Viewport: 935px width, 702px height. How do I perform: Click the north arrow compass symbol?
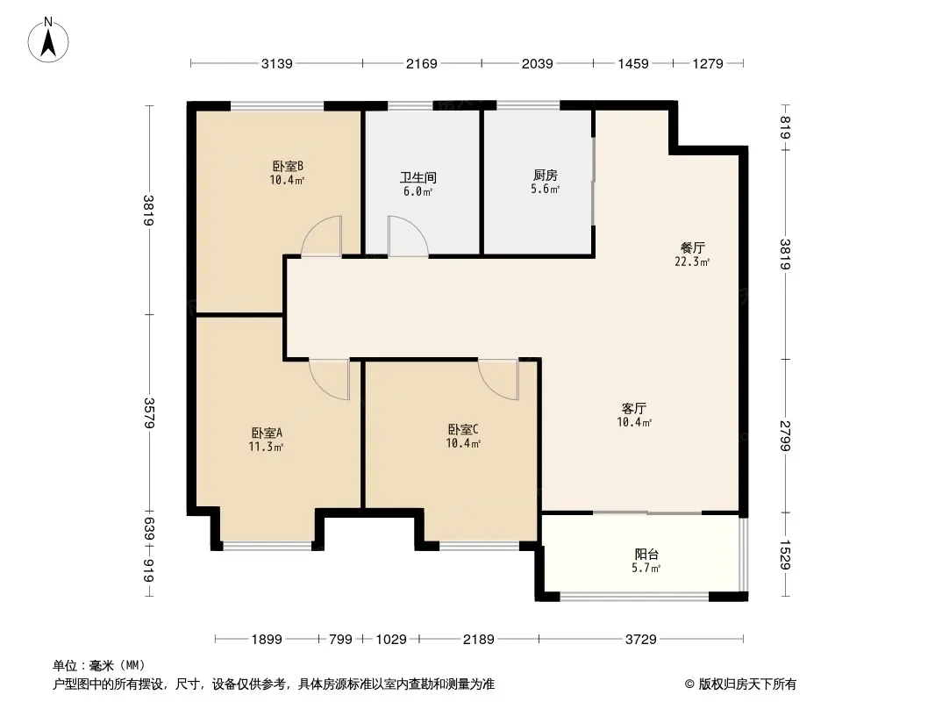click(x=48, y=40)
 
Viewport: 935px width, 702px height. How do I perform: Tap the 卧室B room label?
click(x=288, y=166)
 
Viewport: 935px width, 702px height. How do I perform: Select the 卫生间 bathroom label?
click(x=418, y=177)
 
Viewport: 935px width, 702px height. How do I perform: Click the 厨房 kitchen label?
click(x=546, y=175)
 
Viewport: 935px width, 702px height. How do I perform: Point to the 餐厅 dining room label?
click(x=692, y=247)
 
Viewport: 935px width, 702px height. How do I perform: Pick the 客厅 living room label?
click(x=634, y=408)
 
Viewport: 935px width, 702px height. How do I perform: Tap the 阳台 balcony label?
click(x=646, y=554)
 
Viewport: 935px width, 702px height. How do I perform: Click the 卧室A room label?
click(x=267, y=433)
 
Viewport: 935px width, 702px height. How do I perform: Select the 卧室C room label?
click(x=463, y=429)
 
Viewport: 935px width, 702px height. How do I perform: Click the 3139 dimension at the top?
click(x=276, y=63)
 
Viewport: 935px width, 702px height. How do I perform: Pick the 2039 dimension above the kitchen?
click(x=538, y=63)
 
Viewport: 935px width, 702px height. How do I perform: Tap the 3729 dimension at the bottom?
click(x=641, y=640)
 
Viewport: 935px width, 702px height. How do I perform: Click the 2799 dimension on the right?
click(x=785, y=436)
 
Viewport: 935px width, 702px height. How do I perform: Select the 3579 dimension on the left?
click(x=148, y=412)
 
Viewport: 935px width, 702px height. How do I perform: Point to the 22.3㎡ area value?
click(x=692, y=261)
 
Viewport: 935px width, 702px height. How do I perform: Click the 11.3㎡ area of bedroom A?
click(x=266, y=446)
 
